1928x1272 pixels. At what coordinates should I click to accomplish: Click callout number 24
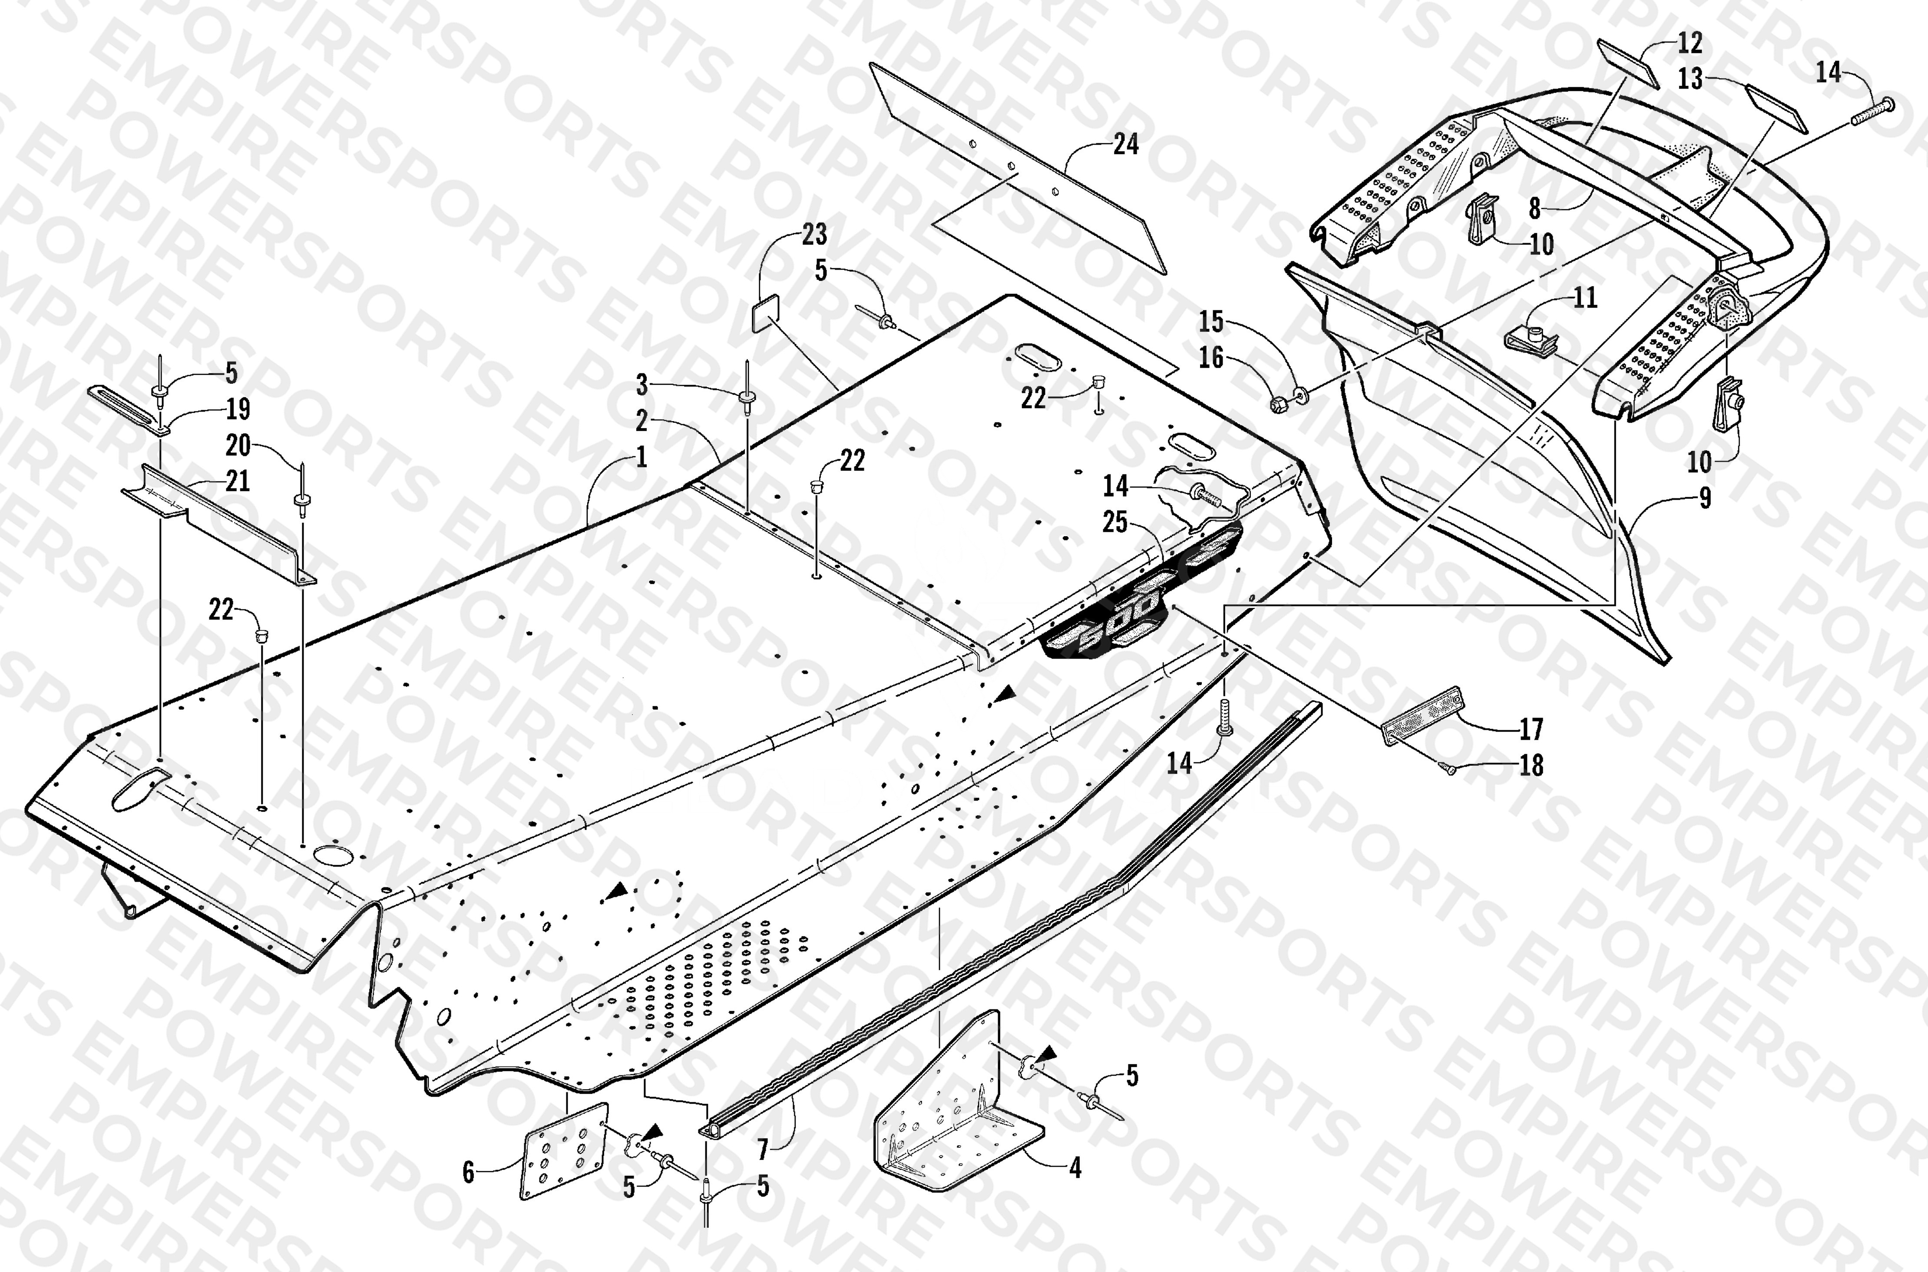1125,145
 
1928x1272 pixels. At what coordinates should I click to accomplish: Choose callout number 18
1531,765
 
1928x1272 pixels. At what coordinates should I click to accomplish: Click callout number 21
237,481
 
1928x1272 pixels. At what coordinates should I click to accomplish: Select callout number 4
1075,1168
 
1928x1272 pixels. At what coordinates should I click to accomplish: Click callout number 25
1115,522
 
